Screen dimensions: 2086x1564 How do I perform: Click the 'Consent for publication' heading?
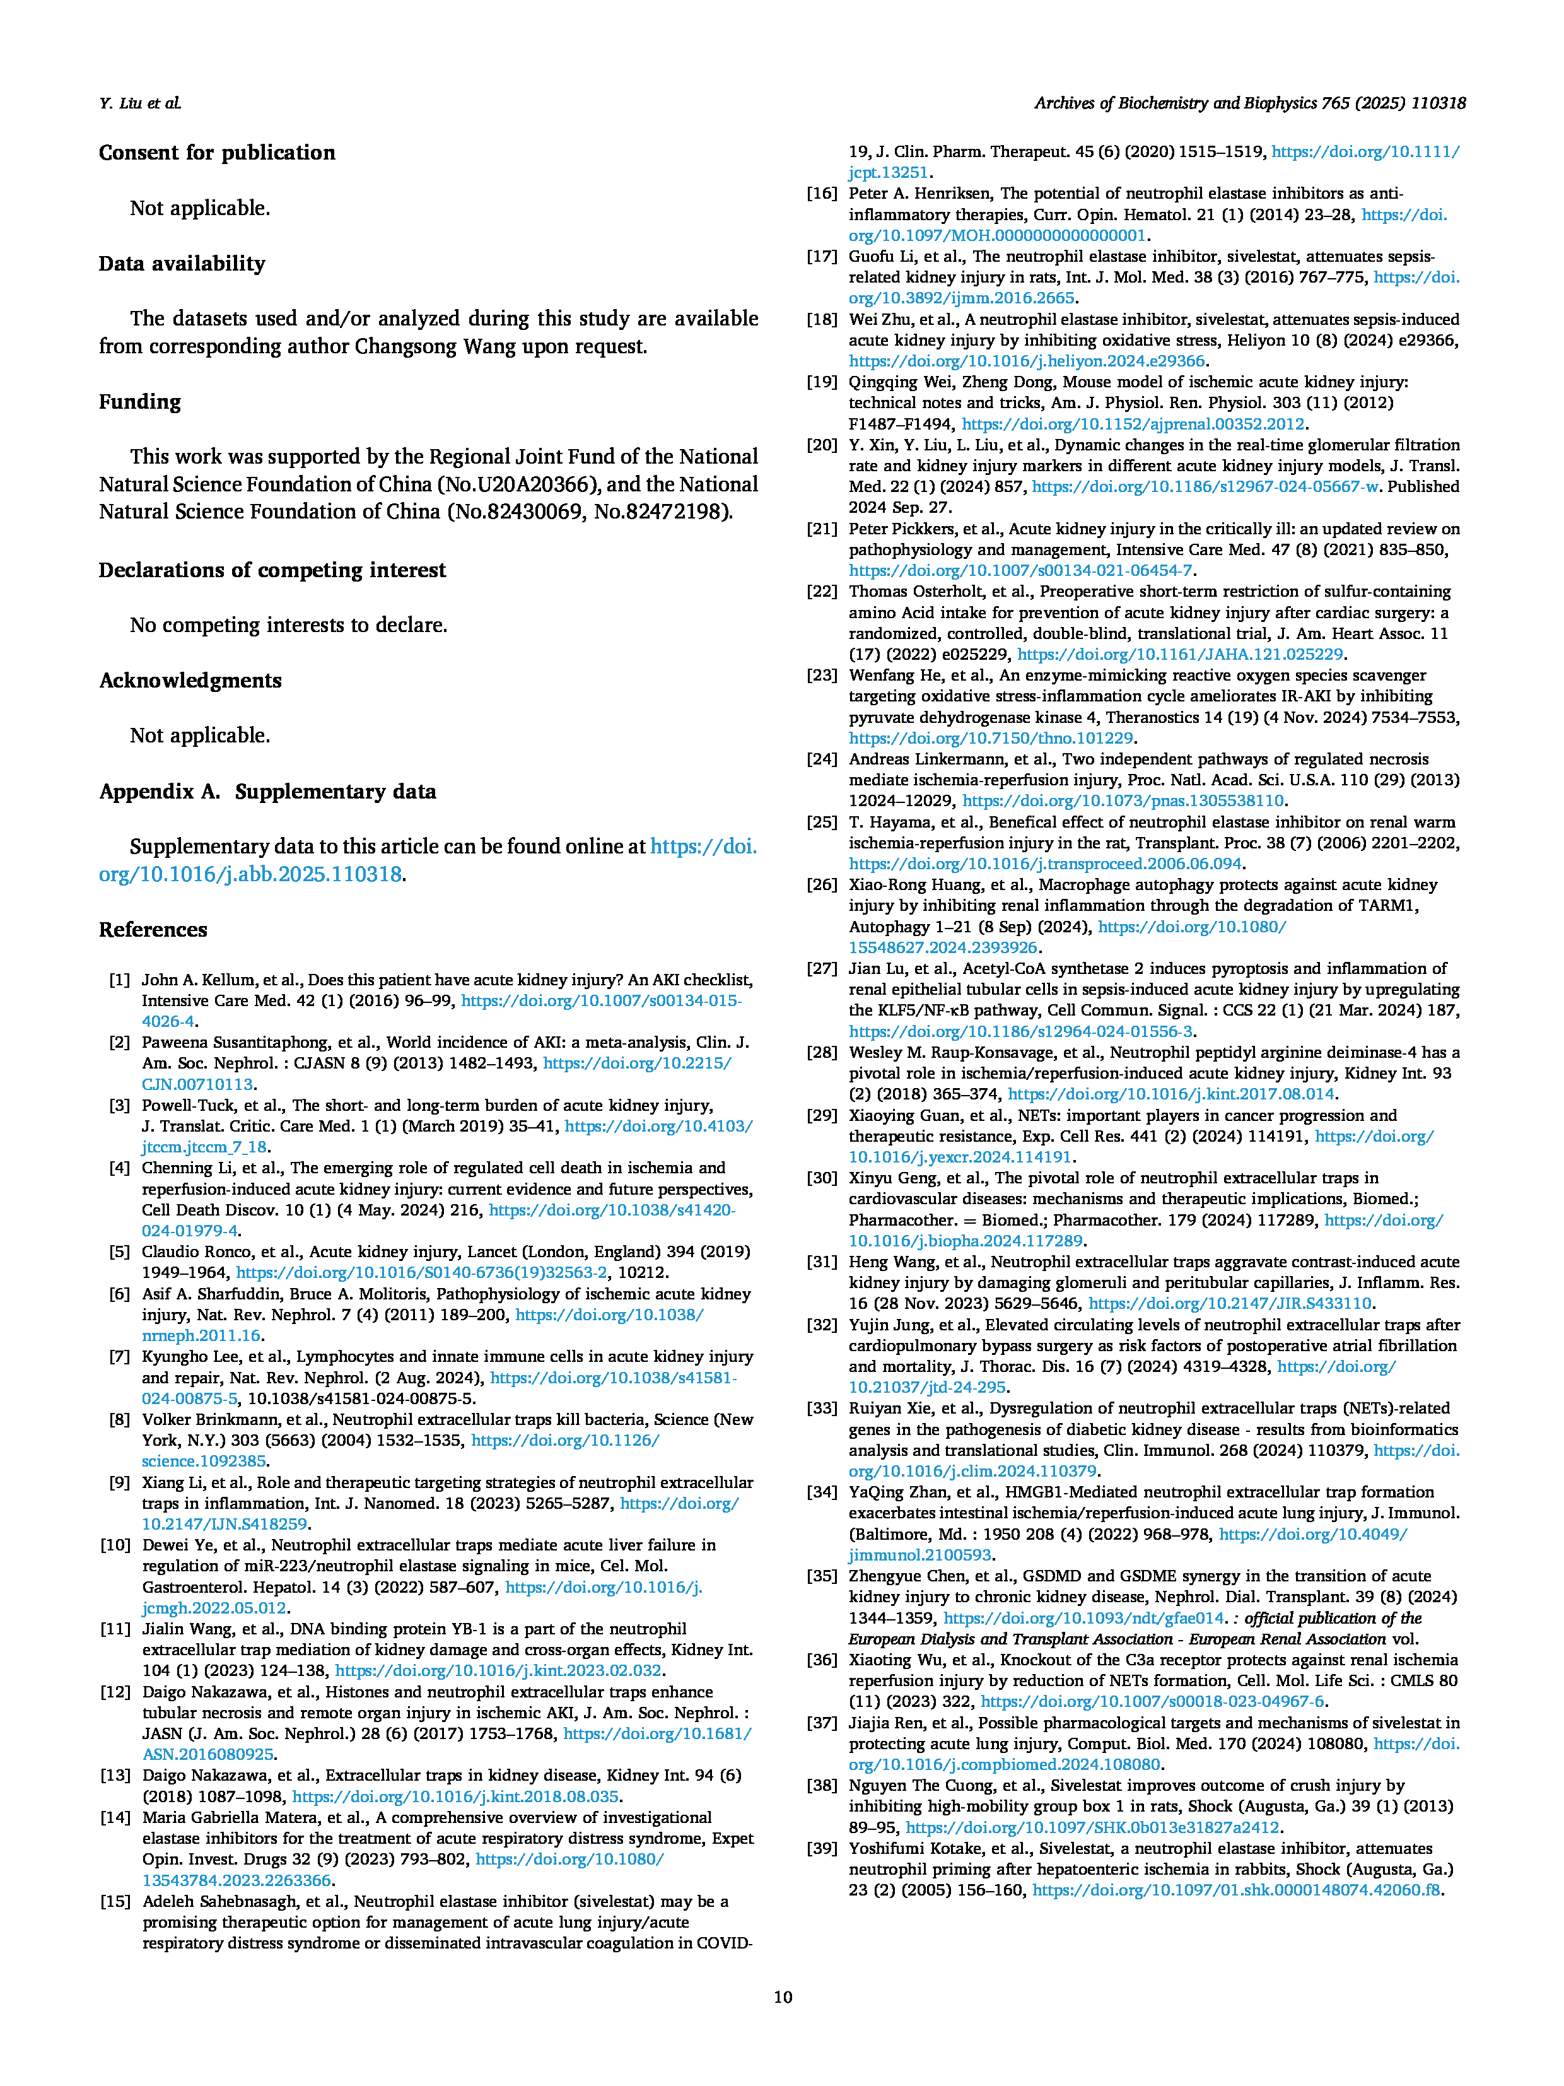217,153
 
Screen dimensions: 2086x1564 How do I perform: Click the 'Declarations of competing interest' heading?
272,570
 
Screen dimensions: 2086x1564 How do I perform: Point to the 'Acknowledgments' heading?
190,680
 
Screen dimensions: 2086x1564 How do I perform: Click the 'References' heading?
153,930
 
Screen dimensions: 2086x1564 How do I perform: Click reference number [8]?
120,1419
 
